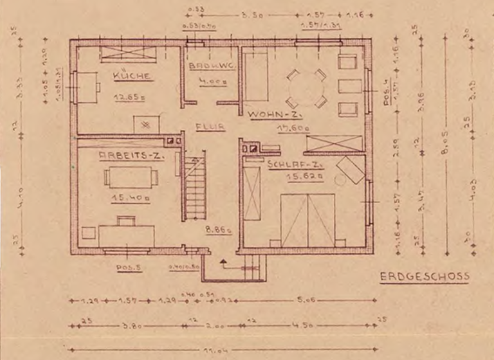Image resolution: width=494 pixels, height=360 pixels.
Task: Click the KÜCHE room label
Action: [x=131, y=76]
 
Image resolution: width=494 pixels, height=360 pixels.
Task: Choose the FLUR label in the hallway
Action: [x=210, y=127]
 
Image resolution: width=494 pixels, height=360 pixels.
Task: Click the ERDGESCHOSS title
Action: [x=424, y=276]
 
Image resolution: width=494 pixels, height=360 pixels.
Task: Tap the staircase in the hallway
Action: [x=194, y=186]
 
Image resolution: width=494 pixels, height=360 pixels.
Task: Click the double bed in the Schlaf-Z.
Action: [x=307, y=219]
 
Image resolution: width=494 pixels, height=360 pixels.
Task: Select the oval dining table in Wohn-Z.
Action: [x=306, y=89]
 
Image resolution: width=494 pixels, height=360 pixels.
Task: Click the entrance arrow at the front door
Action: [x=223, y=263]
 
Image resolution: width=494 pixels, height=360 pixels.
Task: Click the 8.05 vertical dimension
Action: [x=444, y=154]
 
